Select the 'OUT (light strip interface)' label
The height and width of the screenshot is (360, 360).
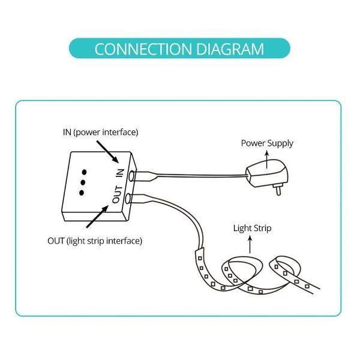point(95,241)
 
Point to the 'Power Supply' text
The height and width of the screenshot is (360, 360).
point(267,143)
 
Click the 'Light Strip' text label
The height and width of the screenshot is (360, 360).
point(252,229)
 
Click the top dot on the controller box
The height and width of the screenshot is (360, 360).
point(83,167)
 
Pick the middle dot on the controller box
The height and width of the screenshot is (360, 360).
point(83,180)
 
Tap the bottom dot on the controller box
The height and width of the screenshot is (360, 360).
point(83,193)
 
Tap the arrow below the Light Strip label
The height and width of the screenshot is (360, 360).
point(250,242)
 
